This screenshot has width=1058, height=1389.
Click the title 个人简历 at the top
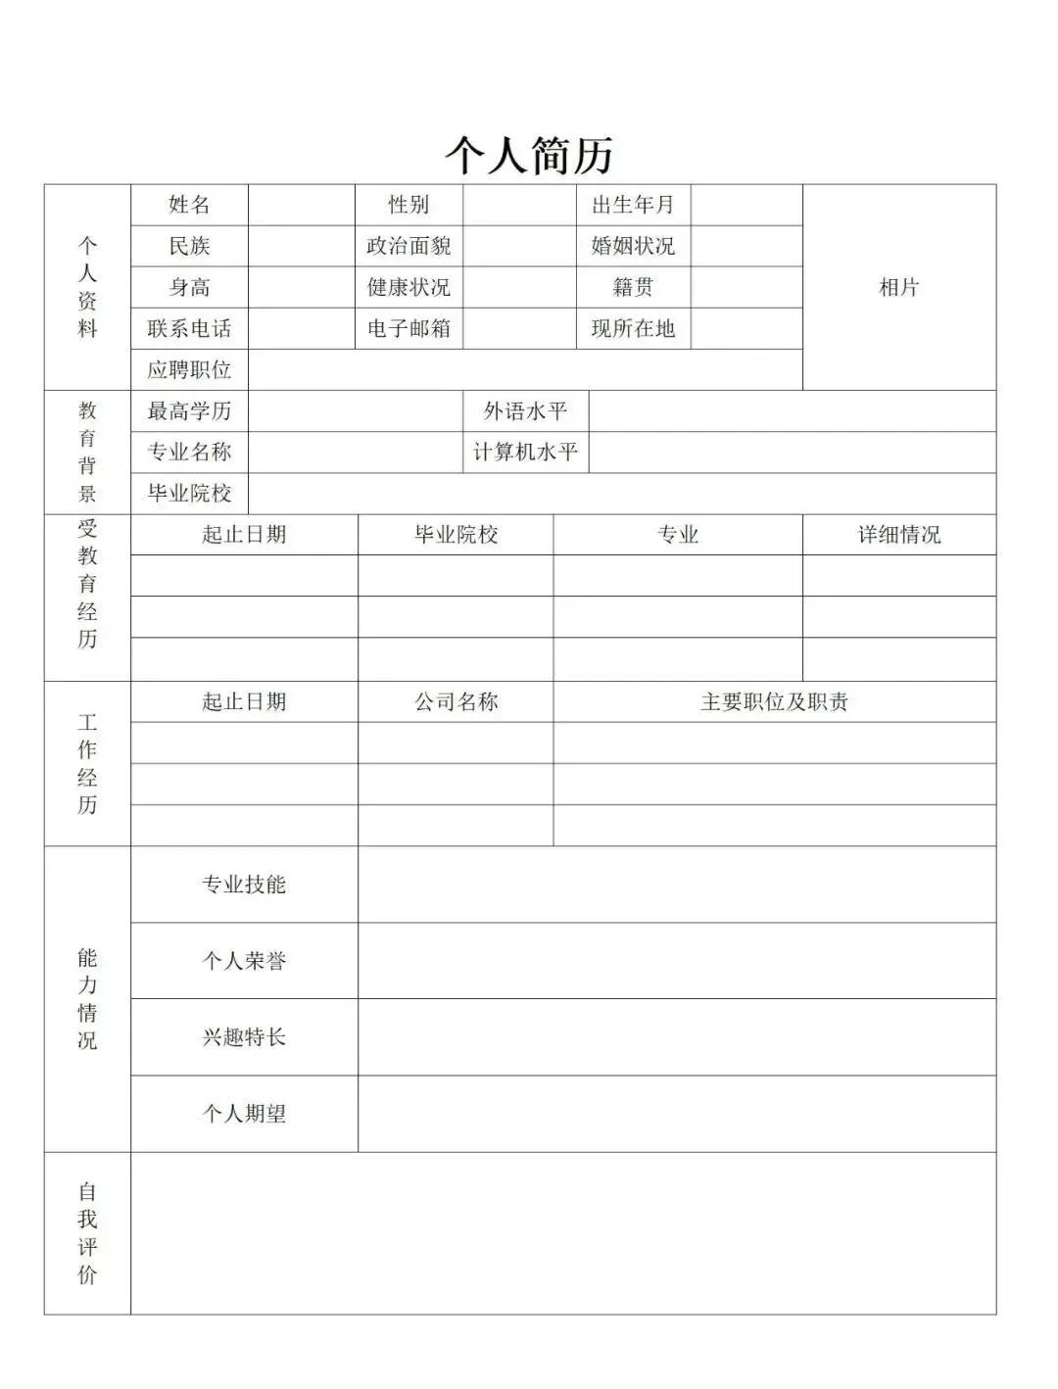click(529, 155)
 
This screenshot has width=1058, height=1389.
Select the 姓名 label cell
click(189, 205)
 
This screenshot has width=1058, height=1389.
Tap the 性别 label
click(409, 205)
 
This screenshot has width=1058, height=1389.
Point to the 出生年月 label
click(633, 205)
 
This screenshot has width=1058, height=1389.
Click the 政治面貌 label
click(409, 246)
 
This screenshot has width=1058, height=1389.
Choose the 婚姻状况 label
click(633, 246)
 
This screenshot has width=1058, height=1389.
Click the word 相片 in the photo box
click(898, 287)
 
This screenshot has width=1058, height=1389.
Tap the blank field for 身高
click(301, 287)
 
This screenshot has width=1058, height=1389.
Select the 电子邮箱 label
click(409, 328)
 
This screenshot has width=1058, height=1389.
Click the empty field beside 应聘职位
click(525, 369)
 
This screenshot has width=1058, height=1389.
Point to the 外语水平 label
click(525, 410)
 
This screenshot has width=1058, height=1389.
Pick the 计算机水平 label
click(525, 452)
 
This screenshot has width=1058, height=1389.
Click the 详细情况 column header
click(898, 535)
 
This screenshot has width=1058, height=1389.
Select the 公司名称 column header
click(456, 701)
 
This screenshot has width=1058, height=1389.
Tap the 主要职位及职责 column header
click(774, 701)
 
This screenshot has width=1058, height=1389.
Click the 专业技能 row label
click(244, 885)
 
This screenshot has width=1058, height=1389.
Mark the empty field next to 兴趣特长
click(676, 1037)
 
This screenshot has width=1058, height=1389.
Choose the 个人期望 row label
click(244, 1114)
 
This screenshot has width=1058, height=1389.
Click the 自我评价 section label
click(87, 1233)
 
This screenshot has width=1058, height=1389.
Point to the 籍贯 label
click(633, 287)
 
